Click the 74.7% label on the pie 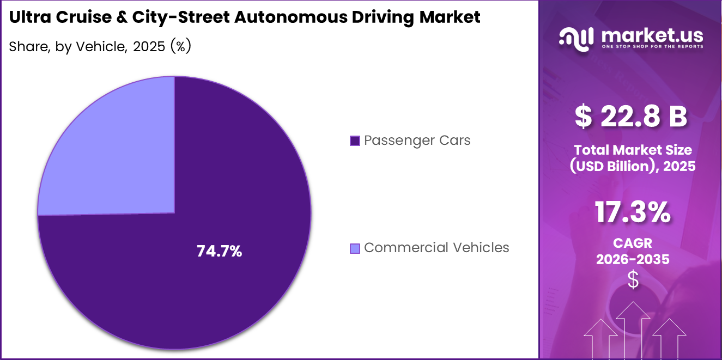(219, 251)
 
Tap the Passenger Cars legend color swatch (355, 141)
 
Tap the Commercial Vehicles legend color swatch (355, 248)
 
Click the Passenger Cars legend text (417, 141)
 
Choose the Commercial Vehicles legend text (436, 248)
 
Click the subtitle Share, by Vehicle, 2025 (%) (100, 47)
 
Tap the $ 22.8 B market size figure (632, 117)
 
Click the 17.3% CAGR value (632, 212)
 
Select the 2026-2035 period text (632, 260)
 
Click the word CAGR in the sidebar (632, 243)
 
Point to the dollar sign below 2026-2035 (633, 279)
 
